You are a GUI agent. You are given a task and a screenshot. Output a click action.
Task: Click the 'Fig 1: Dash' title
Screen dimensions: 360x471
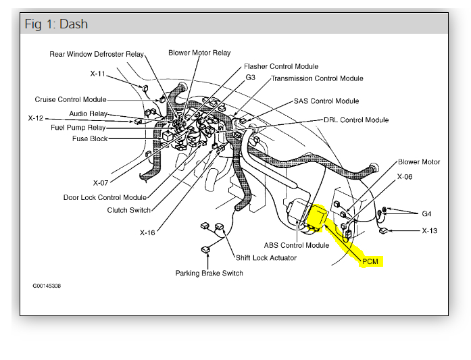[x=56, y=25]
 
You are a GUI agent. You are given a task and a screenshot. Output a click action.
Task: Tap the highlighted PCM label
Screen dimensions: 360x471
[x=371, y=261]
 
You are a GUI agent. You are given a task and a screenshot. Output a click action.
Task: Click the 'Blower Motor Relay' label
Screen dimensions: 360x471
[x=199, y=53]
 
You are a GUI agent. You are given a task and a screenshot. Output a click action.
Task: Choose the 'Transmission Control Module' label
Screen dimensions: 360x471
[x=317, y=78]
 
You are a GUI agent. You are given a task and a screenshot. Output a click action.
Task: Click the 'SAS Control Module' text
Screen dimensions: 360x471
[x=326, y=101]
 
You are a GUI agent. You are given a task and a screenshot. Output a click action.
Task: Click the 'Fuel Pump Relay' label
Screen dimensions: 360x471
[x=78, y=127]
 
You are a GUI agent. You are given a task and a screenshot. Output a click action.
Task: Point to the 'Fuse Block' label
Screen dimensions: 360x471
[x=90, y=139]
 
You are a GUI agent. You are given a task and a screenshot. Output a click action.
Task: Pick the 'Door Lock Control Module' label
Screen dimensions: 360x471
[x=105, y=197]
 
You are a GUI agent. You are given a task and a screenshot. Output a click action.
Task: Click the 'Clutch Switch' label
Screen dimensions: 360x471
[x=129, y=210]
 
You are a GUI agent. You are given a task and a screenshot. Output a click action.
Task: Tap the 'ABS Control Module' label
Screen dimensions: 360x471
[x=297, y=245]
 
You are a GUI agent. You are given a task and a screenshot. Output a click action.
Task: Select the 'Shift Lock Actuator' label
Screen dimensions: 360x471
[x=267, y=257]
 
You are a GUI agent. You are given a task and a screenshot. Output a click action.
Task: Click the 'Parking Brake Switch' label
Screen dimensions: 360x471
[x=209, y=274]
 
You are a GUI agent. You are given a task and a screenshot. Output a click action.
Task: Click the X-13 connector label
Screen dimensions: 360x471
[x=430, y=230]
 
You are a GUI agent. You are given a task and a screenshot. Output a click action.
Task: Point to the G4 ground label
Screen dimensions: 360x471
[x=426, y=214]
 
